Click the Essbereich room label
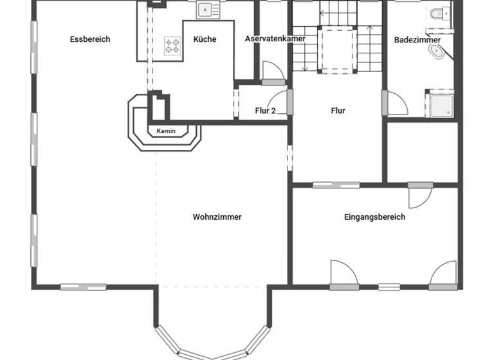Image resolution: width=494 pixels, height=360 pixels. tap(90, 39)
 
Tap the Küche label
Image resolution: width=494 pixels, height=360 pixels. tap(205, 39)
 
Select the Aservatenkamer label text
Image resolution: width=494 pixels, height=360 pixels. tap(275, 39)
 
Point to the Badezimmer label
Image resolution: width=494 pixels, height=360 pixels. tap(417, 40)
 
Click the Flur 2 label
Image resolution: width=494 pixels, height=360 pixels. tap(265, 111)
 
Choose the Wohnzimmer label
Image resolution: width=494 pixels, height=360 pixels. tap(217, 217)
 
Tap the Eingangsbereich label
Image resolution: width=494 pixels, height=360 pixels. tap(374, 217)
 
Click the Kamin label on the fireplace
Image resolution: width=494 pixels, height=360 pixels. tap(165, 131)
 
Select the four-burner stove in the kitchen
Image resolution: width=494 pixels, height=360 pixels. tap(172, 44)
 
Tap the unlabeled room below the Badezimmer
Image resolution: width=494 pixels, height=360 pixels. tap(422, 152)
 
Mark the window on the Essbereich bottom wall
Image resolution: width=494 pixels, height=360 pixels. tap(83, 287)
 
